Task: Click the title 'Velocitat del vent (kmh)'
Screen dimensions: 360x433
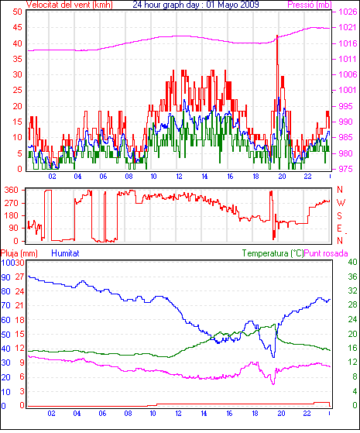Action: pyautogui.click(x=70, y=5)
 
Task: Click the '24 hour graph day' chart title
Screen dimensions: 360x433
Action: pyautogui.click(x=166, y=5)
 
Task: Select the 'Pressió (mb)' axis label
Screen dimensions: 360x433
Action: pyautogui.click(x=310, y=5)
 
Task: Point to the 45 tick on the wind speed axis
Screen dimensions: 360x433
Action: pyautogui.click(x=17, y=27)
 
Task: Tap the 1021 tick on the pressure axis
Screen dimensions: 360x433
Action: pyautogui.click(x=348, y=27)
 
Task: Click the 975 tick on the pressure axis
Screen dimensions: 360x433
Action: pyautogui.click(x=345, y=169)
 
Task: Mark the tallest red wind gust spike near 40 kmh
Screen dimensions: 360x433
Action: pyautogui.click(x=277, y=36)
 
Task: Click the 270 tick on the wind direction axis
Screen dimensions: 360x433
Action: pyautogui.click(x=11, y=203)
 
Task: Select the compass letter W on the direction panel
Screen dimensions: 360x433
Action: pyautogui.click(x=341, y=203)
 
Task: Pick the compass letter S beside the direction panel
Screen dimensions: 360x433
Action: pyautogui.click(x=340, y=215)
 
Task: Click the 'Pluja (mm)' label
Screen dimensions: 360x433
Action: pyautogui.click(x=19, y=253)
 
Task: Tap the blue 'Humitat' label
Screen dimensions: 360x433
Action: pyautogui.click(x=66, y=253)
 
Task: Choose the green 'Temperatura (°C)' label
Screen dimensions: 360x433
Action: pyautogui.click(x=273, y=253)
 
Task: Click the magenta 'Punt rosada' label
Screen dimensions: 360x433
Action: pyautogui.click(x=326, y=253)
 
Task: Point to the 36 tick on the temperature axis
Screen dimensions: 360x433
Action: pyautogui.click(x=352, y=277)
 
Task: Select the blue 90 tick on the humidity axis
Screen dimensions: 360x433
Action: pyautogui.click(x=5, y=277)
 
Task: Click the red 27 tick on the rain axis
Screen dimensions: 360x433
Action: pyautogui.click(x=19, y=277)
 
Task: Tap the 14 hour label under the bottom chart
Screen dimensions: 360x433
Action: pyautogui.click(x=204, y=414)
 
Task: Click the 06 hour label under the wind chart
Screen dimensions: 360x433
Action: pyautogui.click(x=103, y=177)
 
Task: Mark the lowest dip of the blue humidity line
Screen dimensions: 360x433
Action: pyautogui.click(x=273, y=357)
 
